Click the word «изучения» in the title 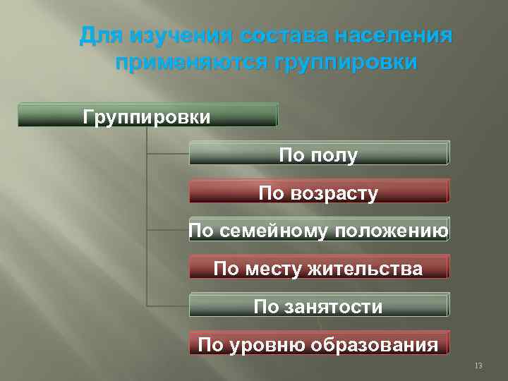pos(170,35)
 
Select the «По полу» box pos(318,154)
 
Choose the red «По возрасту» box pos(318,192)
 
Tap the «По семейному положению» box pos(318,230)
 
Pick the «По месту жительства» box pos(318,268)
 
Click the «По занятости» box pos(318,306)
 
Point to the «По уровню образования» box pos(318,344)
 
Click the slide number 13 pos(478,365)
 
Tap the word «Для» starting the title pos(96,35)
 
